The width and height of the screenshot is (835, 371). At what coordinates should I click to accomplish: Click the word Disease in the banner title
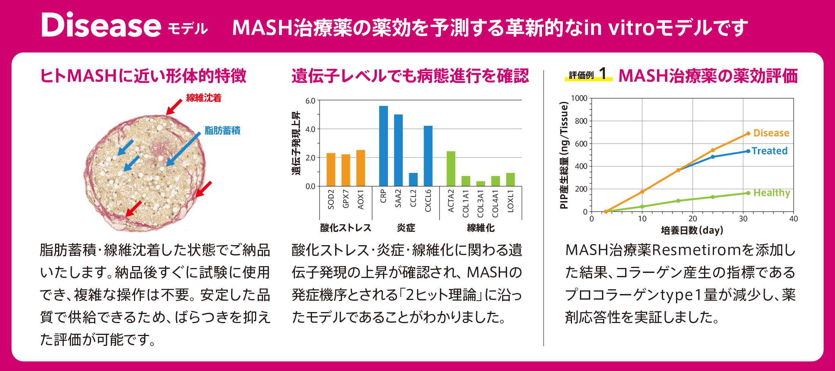[101, 25]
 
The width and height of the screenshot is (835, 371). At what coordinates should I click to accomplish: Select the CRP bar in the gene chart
[383, 146]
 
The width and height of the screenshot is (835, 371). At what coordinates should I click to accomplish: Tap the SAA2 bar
[398, 150]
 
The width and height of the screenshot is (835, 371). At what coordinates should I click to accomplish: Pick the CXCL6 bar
[428, 156]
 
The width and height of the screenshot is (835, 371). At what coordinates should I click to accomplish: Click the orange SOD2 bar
[331, 170]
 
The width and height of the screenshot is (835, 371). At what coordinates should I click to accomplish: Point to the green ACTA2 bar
[451, 169]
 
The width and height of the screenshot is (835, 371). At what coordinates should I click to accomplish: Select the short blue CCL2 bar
[413, 179]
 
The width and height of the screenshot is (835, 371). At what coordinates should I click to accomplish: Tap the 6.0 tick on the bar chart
[310, 101]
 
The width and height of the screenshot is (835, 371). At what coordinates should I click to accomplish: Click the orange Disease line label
[771, 133]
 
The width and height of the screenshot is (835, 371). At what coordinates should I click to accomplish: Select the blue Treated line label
[769, 151]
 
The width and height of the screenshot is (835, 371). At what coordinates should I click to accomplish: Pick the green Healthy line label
[772, 193]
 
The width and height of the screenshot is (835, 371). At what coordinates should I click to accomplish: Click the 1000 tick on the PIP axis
[579, 98]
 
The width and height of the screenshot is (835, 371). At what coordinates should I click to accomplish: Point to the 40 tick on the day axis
[793, 219]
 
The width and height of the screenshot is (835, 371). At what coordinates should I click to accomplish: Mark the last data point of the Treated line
[748, 151]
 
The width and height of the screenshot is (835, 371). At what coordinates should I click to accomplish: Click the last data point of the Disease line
[748, 133]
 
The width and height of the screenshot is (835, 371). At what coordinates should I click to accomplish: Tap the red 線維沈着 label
[203, 98]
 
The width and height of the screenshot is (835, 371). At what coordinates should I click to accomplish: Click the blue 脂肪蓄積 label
[222, 131]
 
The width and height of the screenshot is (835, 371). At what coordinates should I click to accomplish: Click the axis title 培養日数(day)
[692, 230]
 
